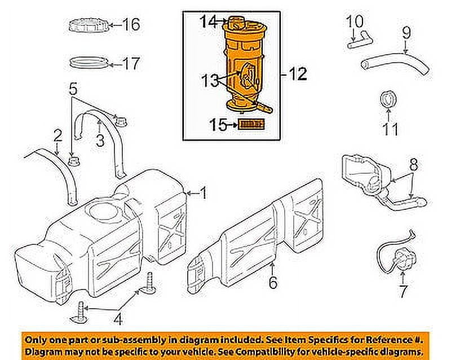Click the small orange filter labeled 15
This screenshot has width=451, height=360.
click(251, 124)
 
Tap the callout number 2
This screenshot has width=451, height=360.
click(58, 135)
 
